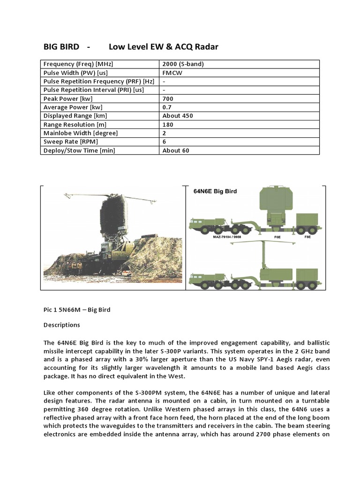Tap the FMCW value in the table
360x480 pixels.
point(172,73)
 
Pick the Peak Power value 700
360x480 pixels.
point(168,98)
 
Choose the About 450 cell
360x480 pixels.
point(178,116)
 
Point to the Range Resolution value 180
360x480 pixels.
point(168,124)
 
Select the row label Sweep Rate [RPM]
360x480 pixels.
point(71,142)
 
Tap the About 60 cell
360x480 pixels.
point(176,150)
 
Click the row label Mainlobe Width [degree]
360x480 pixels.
point(80,133)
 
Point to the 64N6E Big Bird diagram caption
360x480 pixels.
point(215,191)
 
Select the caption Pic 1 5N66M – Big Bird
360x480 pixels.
point(76,310)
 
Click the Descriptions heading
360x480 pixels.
point(61,325)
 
